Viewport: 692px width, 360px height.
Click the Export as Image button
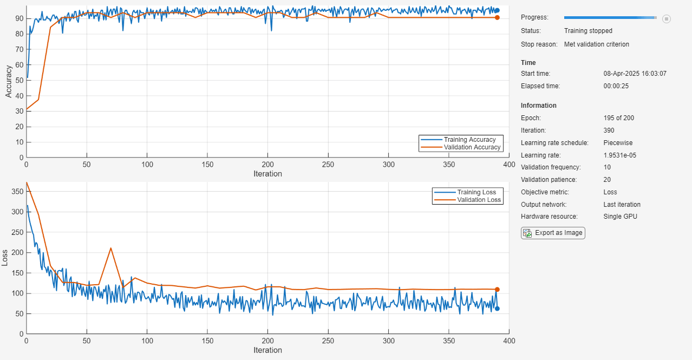553,233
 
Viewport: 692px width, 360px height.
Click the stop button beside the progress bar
667,18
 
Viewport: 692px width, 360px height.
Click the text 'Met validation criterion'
596,44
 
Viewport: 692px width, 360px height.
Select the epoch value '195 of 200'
618,118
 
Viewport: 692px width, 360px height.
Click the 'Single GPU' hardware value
620,217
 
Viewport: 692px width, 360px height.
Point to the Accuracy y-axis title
9,81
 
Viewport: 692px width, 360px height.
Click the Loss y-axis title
5,258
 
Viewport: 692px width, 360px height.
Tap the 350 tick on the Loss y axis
16,191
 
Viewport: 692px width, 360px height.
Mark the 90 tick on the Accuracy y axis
18,18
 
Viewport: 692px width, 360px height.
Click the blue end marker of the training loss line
497,309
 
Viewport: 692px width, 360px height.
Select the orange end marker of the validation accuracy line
497,17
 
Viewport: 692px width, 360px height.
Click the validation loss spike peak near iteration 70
111,248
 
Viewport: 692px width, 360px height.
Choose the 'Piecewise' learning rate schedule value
618,143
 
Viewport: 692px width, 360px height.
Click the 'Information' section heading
538,106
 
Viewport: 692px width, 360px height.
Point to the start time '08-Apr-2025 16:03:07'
635,74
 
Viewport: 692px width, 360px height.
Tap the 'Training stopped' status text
588,31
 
